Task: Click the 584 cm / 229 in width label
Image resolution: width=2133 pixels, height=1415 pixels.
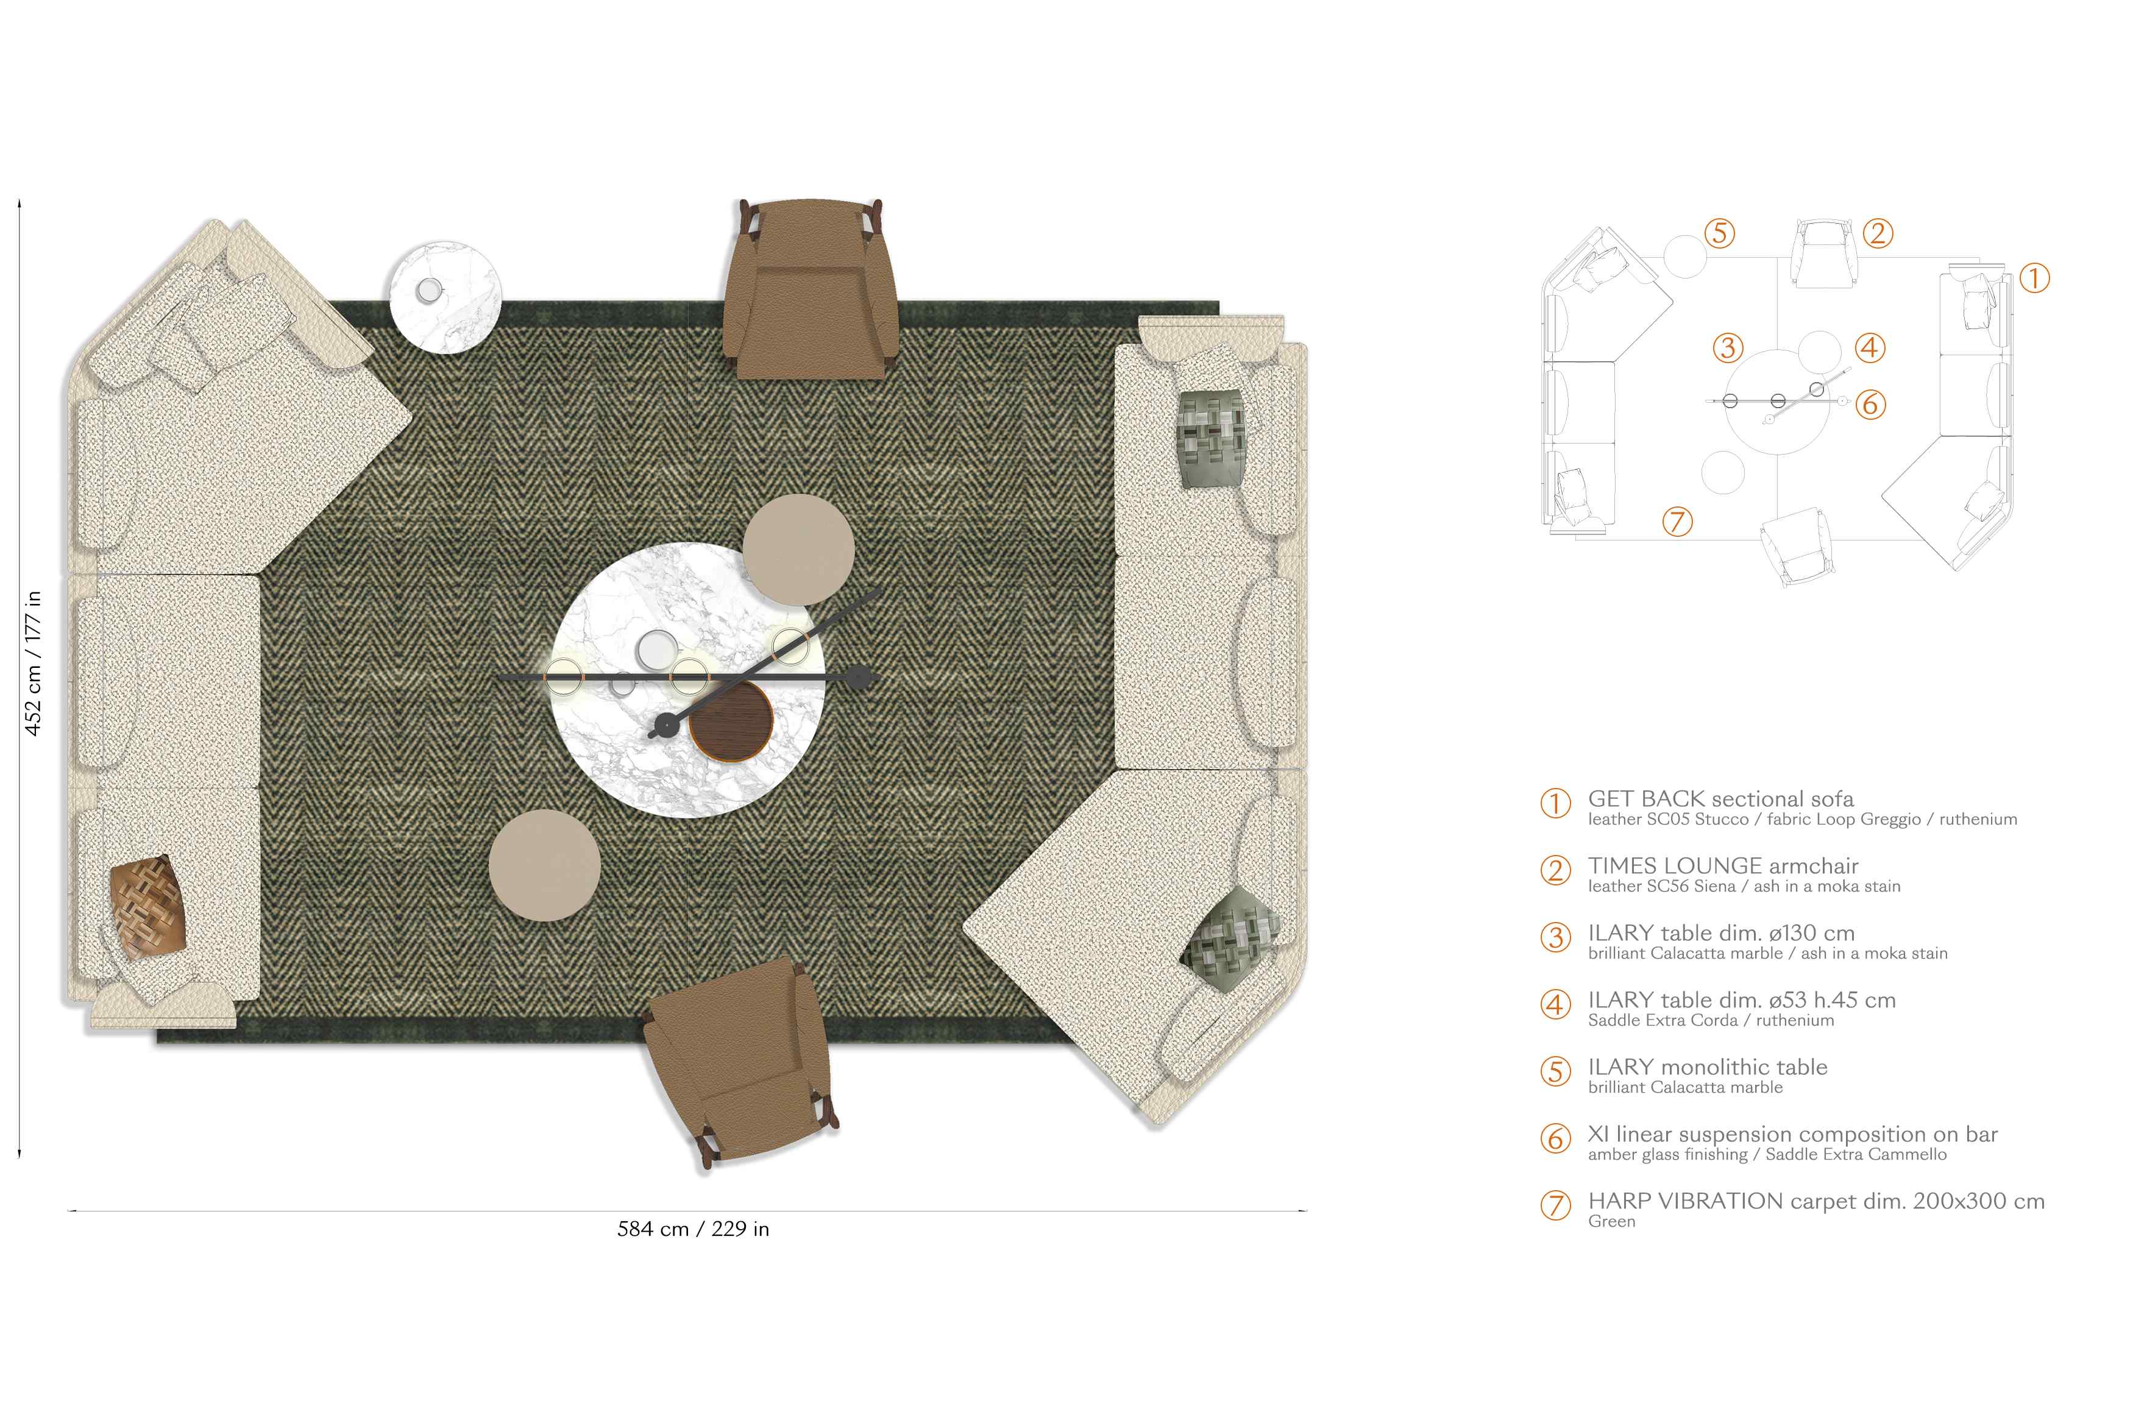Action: (693, 1229)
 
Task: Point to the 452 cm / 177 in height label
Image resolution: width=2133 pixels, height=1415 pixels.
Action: (32, 663)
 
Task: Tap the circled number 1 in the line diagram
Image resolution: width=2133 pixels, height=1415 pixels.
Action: (2034, 278)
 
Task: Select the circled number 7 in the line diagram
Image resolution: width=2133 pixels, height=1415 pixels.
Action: (1677, 522)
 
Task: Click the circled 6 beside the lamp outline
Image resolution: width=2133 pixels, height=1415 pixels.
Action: (1870, 404)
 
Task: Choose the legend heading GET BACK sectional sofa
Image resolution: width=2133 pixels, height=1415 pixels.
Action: (1720, 799)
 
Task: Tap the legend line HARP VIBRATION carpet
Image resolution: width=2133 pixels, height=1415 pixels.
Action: (1816, 1201)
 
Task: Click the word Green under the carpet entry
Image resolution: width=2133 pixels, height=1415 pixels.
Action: (1611, 1222)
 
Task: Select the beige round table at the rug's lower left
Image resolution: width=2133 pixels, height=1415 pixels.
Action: (545, 865)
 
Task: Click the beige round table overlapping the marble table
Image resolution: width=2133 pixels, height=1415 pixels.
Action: (798, 550)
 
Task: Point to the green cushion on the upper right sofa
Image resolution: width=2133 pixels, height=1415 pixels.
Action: (1212, 439)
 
